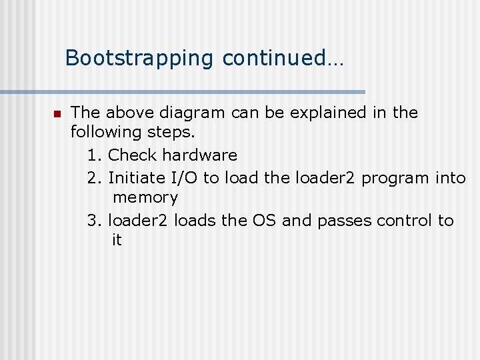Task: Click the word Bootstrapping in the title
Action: pos(140,58)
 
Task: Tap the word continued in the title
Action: pos(273,58)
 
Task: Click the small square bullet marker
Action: pos(58,113)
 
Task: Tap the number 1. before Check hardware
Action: pos(94,155)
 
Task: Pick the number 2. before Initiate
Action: pos(94,177)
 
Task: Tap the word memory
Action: pos(145,198)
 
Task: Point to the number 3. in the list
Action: pos(94,220)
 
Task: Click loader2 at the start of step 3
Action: pos(137,220)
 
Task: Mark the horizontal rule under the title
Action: pos(183,91)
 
